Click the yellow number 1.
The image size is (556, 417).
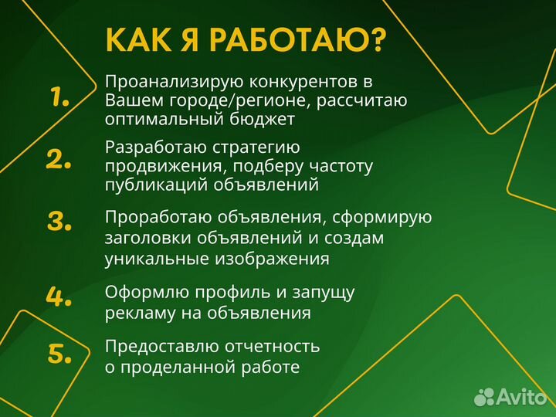59,97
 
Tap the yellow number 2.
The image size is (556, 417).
59,159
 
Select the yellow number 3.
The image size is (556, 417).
59,222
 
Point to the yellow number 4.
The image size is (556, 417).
59,296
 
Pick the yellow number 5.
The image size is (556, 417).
59,354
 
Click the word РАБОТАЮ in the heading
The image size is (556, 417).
301,40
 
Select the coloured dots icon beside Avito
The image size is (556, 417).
483,397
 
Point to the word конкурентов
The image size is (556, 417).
303,82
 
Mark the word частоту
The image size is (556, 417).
341,166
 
